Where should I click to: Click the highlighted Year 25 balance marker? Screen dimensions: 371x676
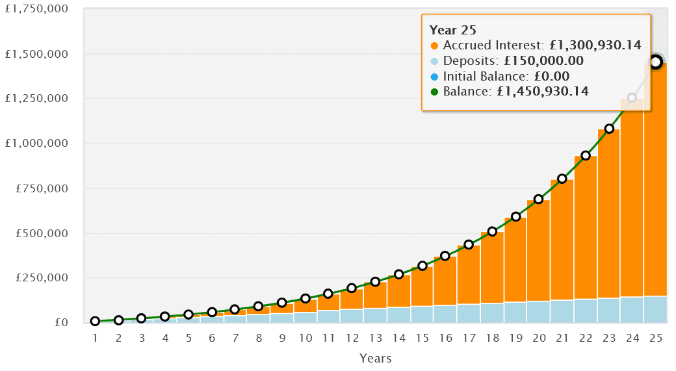coord(656,62)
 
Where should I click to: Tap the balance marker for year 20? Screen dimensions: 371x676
coord(539,199)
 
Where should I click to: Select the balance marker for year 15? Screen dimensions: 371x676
coord(422,266)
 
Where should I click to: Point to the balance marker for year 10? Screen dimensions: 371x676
coord(305,298)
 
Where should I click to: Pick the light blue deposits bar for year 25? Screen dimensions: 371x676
coord(655,309)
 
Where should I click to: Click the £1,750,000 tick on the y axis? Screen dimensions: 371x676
coord(37,10)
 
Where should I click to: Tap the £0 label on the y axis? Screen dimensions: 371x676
coord(62,323)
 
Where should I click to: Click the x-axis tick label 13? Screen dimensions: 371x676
coord(375,339)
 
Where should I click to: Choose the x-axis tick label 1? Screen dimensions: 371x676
coord(95,339)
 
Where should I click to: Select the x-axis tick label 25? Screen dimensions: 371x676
coord(655,339)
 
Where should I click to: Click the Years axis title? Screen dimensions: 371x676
coord(375,358)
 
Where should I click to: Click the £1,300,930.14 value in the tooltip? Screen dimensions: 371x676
coord(595,45)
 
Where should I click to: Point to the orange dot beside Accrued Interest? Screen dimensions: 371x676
coord(435,46)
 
